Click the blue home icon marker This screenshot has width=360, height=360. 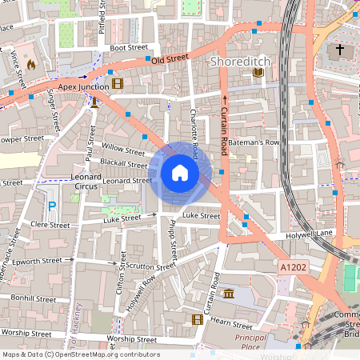tap(180, 172)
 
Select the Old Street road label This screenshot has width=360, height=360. tap(169, 58)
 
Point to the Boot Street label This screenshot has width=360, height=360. tap(129, 48)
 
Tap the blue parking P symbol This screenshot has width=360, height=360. tap(52, 206)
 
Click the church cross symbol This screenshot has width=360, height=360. tap(339, 50)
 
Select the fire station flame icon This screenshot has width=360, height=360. tap(31, 63)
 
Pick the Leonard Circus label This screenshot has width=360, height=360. tap(86, 182)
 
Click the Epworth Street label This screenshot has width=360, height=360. tap(40, 260)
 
